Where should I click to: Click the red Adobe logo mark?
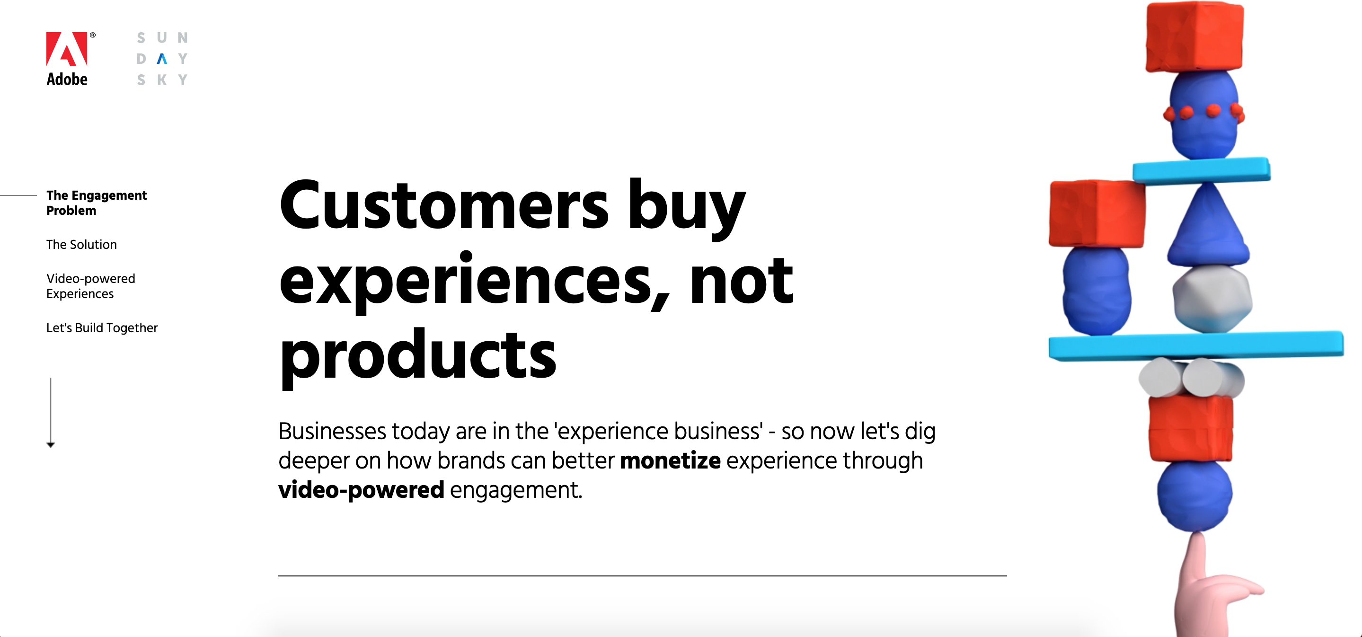point(67,49)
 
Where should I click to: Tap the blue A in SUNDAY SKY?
point(162,59)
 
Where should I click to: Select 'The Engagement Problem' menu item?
point(96,203)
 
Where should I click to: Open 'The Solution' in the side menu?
point(81,245)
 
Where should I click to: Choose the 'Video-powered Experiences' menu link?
point(90,286)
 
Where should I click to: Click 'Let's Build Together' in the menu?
point(102,328)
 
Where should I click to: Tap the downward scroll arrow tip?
point(51,446)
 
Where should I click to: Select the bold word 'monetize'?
point(670,461)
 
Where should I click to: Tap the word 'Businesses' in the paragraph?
point(333,431)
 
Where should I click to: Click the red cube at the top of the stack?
point(1194,37)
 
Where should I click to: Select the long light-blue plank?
point(1196,346)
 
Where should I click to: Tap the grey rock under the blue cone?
point(1212,299)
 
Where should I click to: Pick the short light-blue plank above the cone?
point(1201,171)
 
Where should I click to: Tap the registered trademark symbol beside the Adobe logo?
point(93,35)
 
